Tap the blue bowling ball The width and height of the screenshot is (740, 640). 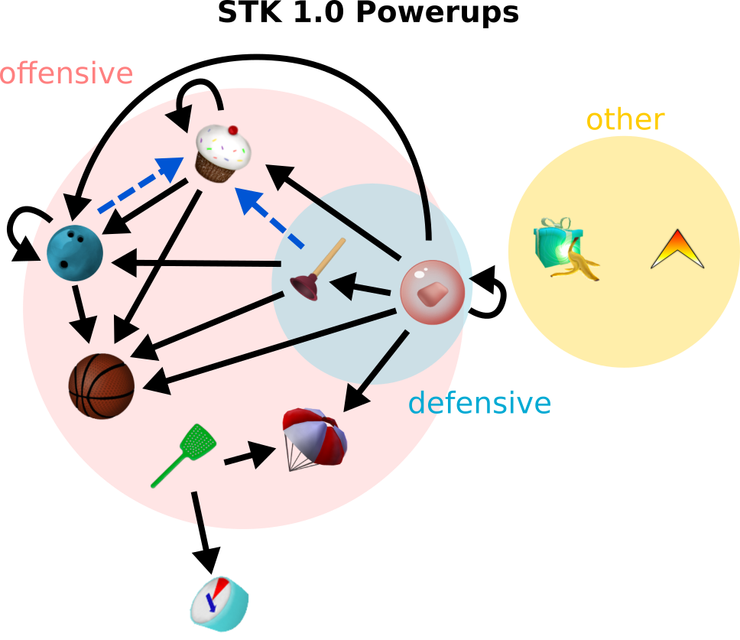[x=75, y=253]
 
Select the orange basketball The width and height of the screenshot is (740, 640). [x=102, y=385]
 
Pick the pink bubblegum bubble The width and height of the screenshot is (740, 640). [x=433, y=293]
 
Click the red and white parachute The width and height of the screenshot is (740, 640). [x=315, y=439]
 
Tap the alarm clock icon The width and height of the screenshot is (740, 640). [x=219, y=604]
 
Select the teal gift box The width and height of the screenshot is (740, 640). [x=554, y=242]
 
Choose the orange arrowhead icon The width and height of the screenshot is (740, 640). [x=677, y=250]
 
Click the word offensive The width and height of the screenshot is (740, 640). [x=67, y=74]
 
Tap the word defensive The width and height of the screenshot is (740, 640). [x=479, y=403]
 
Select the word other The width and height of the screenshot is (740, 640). [x=625, y=120]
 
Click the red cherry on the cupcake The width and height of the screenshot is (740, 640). [x=233, y=130]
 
